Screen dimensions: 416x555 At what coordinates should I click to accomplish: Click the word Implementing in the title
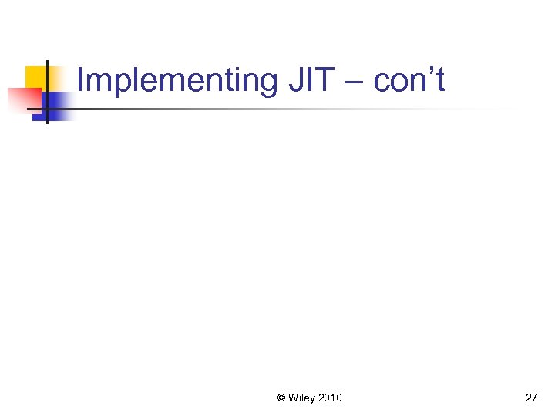[x=176, y=80]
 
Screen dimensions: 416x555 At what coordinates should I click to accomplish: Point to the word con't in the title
[x=409, y=80]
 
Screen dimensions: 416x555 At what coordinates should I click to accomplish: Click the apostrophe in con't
[x=431, y=72]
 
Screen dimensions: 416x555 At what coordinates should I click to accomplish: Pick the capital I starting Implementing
[x=81, y=80]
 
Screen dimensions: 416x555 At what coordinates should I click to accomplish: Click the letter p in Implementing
[x=119, y=83]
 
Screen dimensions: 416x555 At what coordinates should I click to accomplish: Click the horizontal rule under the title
[x=293, y=109]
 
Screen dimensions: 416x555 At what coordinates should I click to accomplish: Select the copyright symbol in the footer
[x=281, y=398]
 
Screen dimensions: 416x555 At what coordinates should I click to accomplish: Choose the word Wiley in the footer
[x=302, y=398]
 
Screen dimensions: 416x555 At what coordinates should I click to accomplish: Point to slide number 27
[x=531, y=398]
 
